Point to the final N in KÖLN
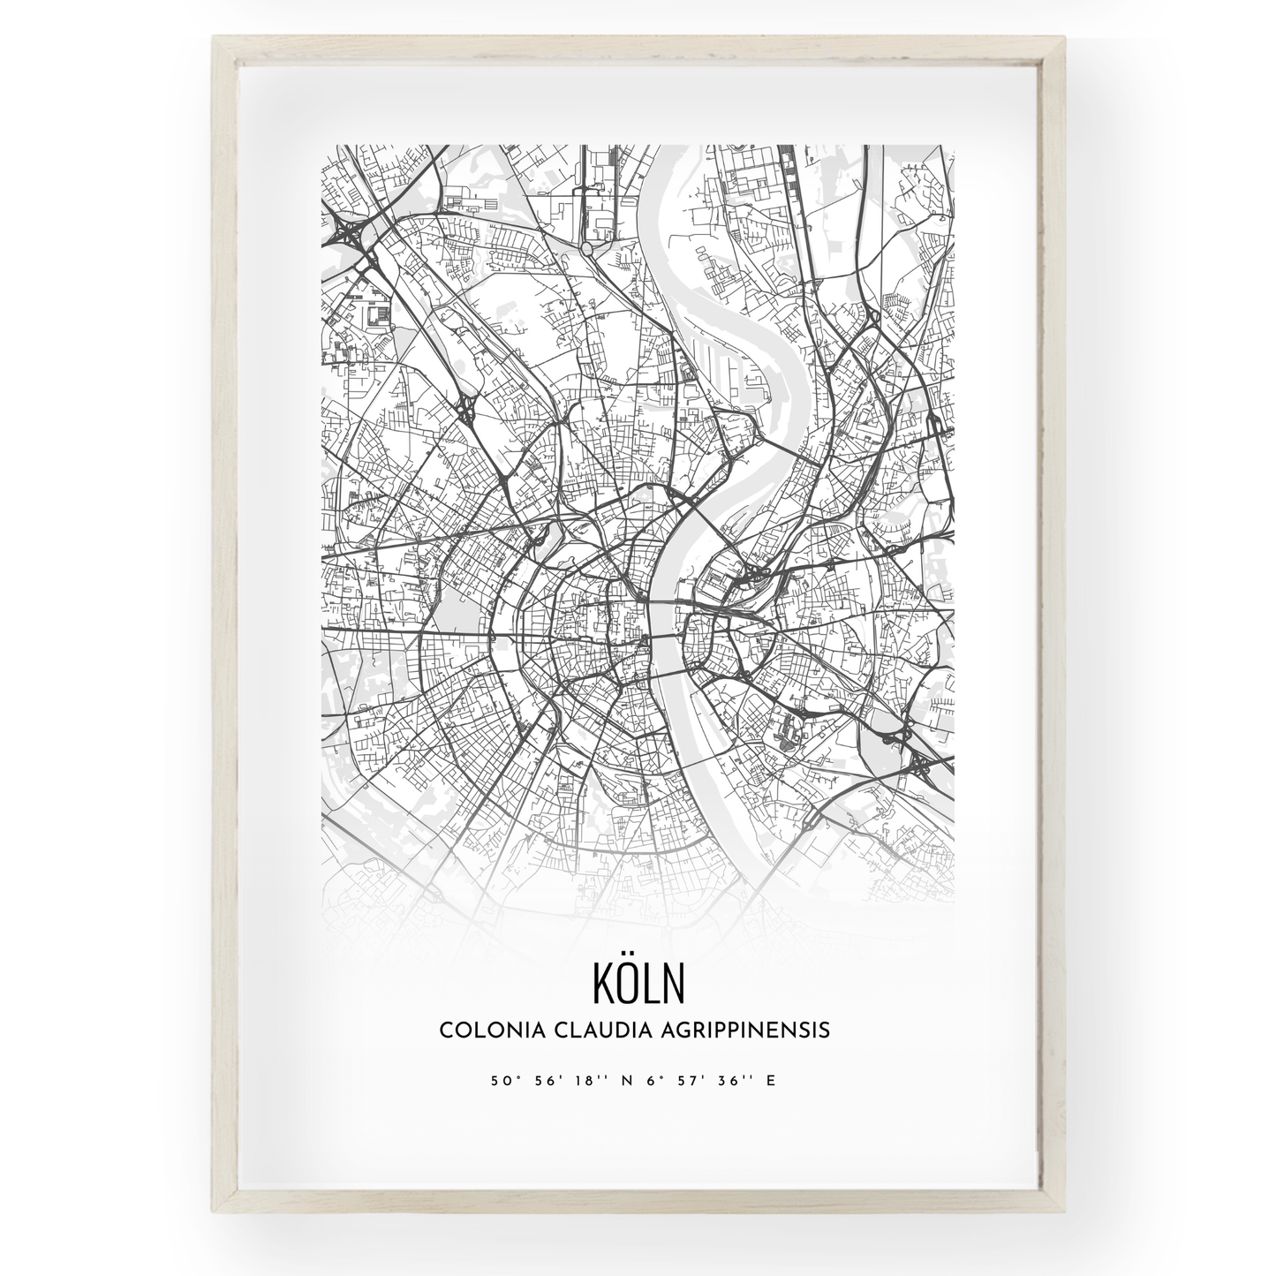click(673, 984)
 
